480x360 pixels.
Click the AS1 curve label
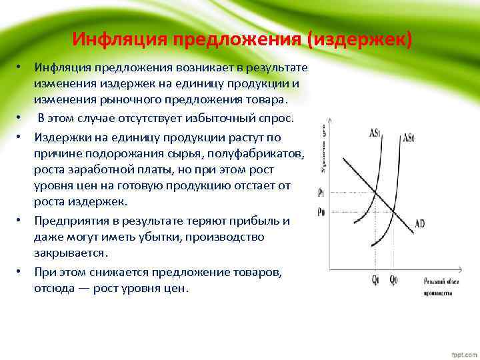(x=375, y=132)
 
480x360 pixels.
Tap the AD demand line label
(x=419, y=224)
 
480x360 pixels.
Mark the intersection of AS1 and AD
(x=376, y=194)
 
